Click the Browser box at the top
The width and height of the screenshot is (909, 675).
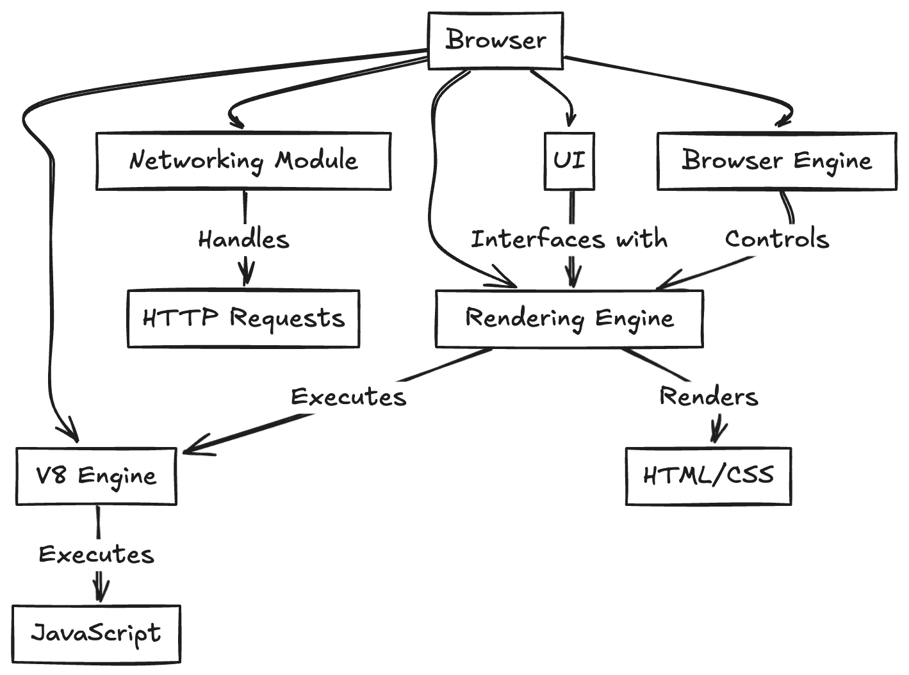pos(495,40)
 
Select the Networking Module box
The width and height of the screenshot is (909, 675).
pos(243,161)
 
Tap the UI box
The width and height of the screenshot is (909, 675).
pos(569,161)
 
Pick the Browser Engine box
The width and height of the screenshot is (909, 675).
pos(777,161)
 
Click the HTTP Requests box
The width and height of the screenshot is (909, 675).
pos(243,318)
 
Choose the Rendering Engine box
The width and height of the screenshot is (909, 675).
pos(569,318)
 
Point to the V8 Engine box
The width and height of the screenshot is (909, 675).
pos(96,476)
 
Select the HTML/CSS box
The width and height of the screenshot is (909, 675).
pos(708,476)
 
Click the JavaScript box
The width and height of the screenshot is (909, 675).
pos(96,633)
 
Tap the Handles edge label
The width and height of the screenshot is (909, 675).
pos(244,240)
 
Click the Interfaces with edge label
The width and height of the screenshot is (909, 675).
pos(569,240)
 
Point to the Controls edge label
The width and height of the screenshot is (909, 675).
pos(777,240)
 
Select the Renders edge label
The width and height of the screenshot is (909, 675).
pos(708,396)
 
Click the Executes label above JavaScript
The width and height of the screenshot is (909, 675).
pos(96,555)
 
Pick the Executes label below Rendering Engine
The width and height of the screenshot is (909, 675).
pos(348,396)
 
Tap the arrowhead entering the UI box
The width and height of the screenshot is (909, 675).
pos(570,120)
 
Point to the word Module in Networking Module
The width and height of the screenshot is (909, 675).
pos(316,160)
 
